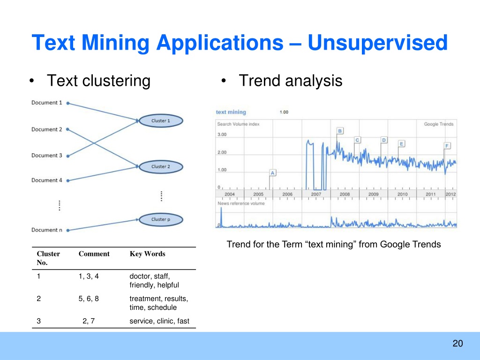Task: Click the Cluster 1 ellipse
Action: coord(161,120)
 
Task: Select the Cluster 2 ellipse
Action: coord(161,167)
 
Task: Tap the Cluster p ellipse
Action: coord(161,219)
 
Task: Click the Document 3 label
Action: coord(46,156)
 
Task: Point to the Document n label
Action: coord(46,230)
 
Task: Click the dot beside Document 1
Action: coord(68,104)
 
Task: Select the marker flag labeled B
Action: coord(340,131)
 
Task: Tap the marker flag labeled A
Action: coord(272,173)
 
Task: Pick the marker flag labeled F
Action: coord(447,146)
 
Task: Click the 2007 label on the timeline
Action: coord(316,194)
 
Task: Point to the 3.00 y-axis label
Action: coord(222,135)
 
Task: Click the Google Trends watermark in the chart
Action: coord(439,124)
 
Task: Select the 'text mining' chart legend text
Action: coord(231,112)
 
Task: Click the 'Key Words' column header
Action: coord(147,254)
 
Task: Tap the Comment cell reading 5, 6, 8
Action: coord(89,299)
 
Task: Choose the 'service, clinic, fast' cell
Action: coord(159,321)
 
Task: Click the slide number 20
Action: coord(457,344)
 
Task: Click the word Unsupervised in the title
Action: coord(377,43)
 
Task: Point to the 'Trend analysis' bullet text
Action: coord(291,81)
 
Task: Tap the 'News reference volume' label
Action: coord(241,203)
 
